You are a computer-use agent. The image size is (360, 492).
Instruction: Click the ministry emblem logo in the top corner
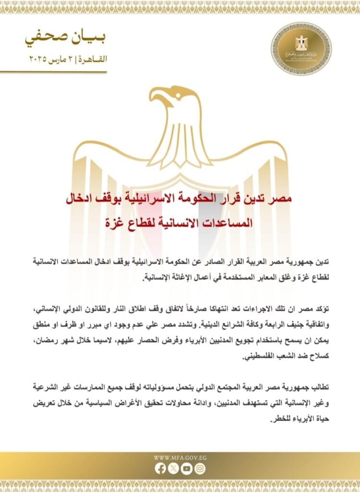pyautogui.click(x=301, y=48)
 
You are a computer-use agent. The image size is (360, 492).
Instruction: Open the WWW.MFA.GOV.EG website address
pyautogui.click(x=180, y=457)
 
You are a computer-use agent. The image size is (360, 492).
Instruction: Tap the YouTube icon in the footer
pyautogui.click(x=186, y=468)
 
